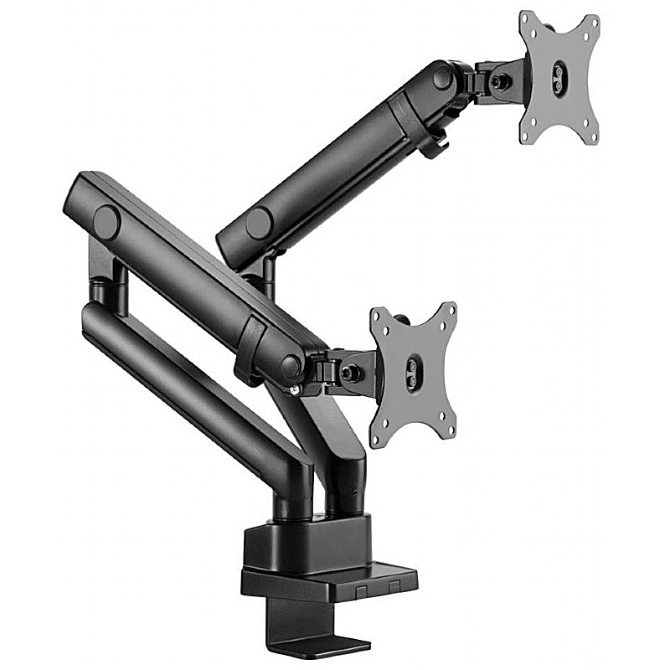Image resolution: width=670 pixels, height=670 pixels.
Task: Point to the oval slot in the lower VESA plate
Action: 413,370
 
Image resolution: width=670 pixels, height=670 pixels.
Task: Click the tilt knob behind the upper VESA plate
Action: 501,82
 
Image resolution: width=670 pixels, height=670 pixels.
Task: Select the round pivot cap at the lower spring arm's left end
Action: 106,223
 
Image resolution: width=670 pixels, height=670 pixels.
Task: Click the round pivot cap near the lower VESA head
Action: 291,364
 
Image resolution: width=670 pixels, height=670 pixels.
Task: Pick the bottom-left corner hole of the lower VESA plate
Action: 378,437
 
